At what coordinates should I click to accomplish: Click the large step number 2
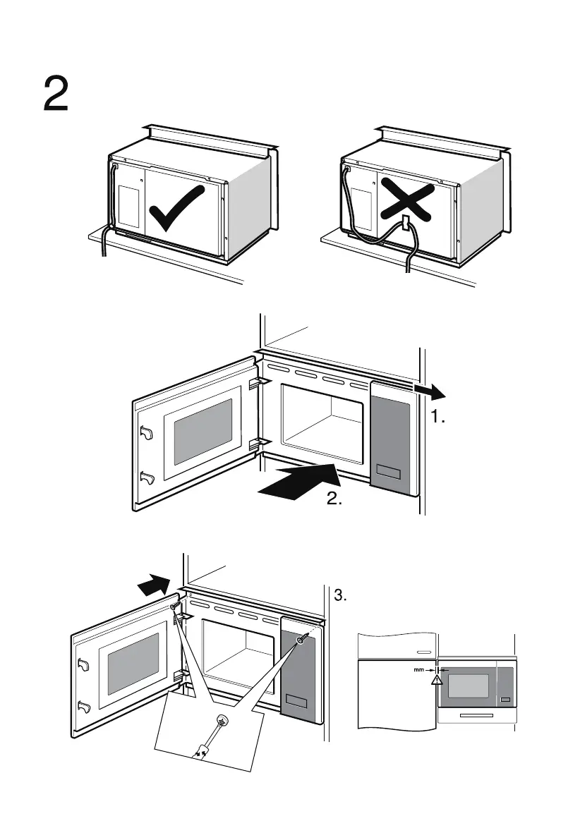tap(56, 94)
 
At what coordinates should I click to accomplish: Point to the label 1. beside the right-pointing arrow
tap(438, 418)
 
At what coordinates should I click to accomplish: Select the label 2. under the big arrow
tap(334, 499)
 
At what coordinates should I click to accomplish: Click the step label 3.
tap(341, 597)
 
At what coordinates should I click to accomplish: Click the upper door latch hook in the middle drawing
tap(147, 432)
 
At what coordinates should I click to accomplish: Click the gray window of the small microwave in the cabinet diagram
tap(469, 686)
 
